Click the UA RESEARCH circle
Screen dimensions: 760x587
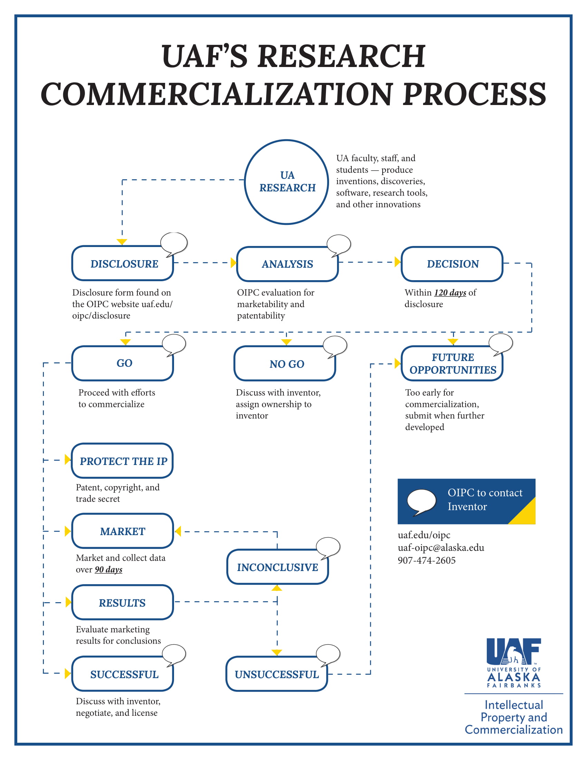tap(287, 182)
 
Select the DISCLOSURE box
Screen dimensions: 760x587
tap(123, 264)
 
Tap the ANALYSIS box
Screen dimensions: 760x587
tap(287, 264)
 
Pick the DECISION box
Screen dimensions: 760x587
tap(452, 264)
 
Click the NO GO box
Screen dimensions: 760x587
tap(285, 364)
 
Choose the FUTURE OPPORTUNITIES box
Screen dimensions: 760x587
tap(452, 364)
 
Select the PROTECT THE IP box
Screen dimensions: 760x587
tap(123, 461)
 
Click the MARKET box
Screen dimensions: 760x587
tap(123, 531)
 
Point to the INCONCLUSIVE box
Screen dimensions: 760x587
tap(278, 567)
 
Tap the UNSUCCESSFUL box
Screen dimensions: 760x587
tap(277, 674)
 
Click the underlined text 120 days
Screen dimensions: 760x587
tap(450, 293)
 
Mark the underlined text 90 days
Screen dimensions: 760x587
tap(108, 570)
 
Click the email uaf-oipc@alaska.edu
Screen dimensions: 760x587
tap(441, 548)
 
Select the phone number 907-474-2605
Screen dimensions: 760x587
tap(427, 560)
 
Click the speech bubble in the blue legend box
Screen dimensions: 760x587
tap(422, 502)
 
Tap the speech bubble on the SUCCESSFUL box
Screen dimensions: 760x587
tap(174, 654)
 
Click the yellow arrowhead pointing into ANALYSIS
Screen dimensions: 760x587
tap(234, 263)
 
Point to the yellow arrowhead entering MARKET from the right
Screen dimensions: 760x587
tap(178, 531)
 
